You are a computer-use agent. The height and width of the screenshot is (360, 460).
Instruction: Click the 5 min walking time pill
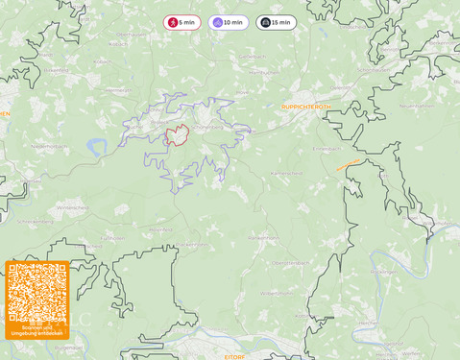pyautogui.click(x=182, y=22)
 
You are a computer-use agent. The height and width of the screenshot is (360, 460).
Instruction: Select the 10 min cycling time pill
pyautogui.click(x=228, y=22)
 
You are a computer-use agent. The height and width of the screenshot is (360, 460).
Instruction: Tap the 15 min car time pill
pyautogui.click(x=276, y=22)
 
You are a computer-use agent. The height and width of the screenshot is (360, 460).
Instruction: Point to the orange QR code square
pyautogui.click(x=36, y=299)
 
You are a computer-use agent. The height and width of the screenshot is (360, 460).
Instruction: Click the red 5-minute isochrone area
pyautogui.click(x=177, y=136)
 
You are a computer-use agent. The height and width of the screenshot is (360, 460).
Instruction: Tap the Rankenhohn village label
pyautogui.click(x=263, y=236)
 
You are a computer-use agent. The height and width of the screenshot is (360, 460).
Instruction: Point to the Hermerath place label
pyautogui.click(x=115, y=89)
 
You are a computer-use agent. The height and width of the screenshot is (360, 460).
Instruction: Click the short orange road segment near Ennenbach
pyautogui.click(x=349, y=165)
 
